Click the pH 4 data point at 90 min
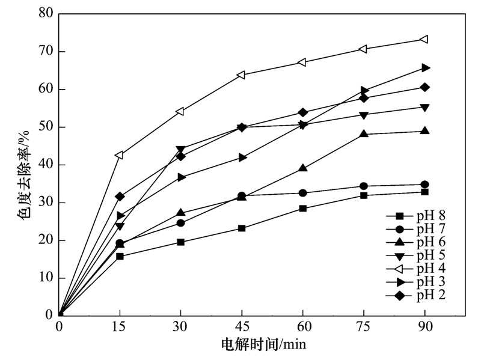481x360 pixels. (424, 40)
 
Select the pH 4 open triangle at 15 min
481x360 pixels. (120, 155)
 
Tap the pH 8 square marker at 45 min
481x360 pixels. (242, 228)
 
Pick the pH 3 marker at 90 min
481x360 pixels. (426, 68)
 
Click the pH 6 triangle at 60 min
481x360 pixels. (303, 168)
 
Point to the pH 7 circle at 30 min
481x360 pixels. (180, 223)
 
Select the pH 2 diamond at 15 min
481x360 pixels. (120, 197)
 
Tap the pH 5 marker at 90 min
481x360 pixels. (424, 108)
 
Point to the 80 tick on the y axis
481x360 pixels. (58, 13)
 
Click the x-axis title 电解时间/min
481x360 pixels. (265, 344)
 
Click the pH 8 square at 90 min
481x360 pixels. (424, 192)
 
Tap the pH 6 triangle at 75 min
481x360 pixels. (364, 133)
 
